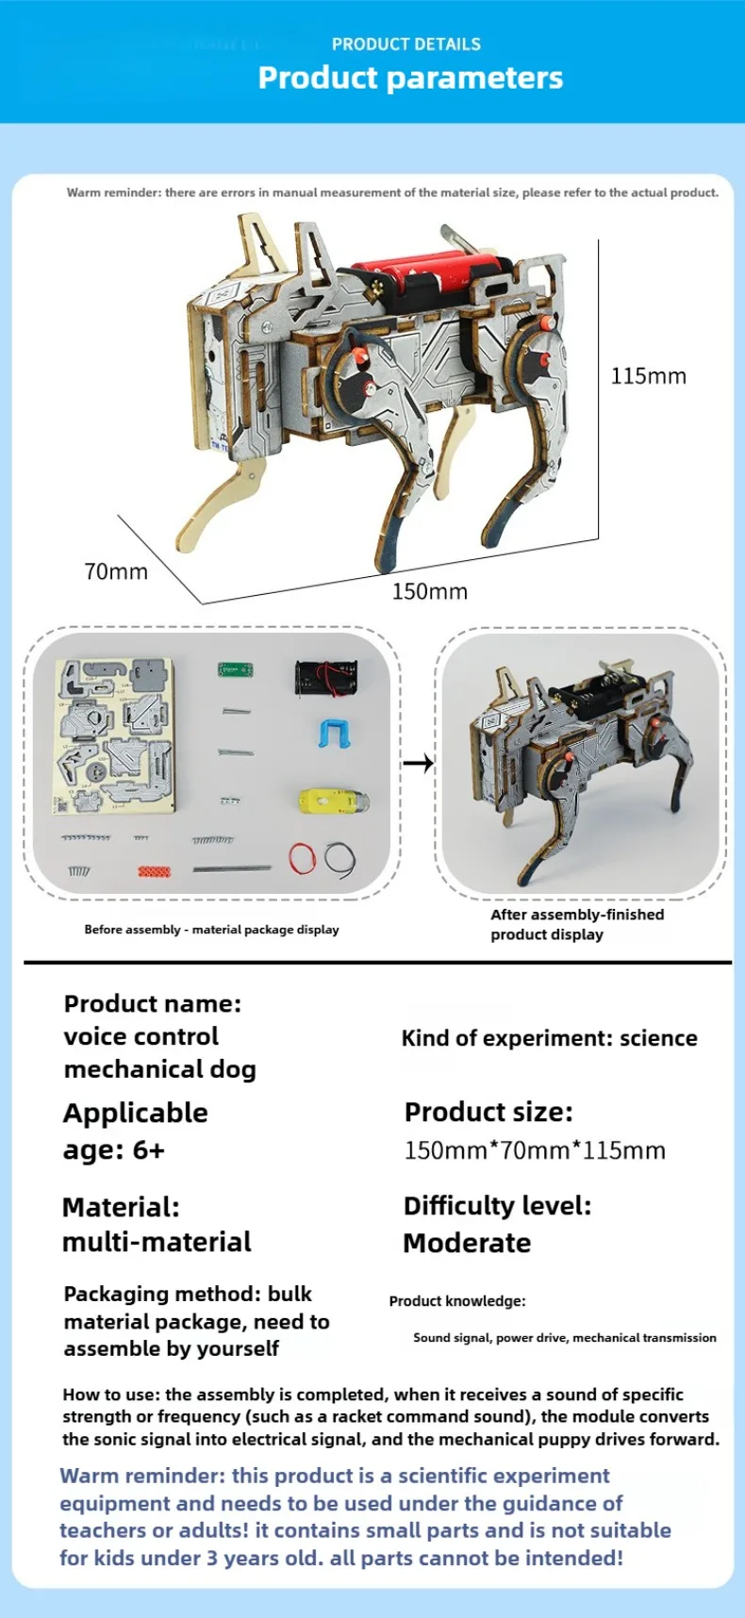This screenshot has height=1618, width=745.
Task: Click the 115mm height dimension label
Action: coord(648,376)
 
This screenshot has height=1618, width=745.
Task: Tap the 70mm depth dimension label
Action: coord(116,571)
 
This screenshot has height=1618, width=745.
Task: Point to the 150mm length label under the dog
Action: coord(429,591)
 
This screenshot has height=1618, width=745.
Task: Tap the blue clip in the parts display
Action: coord(335,733)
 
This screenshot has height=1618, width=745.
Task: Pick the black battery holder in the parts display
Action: coord(326,677)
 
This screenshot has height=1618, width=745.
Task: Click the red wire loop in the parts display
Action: coord(302,858)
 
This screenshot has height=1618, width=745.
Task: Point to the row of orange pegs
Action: coord(155,870)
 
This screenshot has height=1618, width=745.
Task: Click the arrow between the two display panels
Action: coord(418,762)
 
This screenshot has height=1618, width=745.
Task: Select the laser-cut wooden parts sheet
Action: coord(114,735)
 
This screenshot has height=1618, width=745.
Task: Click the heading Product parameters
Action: coord(410,77)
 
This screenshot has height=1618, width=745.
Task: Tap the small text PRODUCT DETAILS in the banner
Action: coord(406,44)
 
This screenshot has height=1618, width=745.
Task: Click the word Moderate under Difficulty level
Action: coord(467,1243)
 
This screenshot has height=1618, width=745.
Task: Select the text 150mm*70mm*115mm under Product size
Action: coord(535,1150)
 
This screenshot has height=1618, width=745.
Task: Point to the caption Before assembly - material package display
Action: coord(211,930)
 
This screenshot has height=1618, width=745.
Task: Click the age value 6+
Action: coord(148,1150)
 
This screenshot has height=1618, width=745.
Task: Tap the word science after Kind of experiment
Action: coord(658,1038)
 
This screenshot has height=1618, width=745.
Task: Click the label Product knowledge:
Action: coord(457,1301)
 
